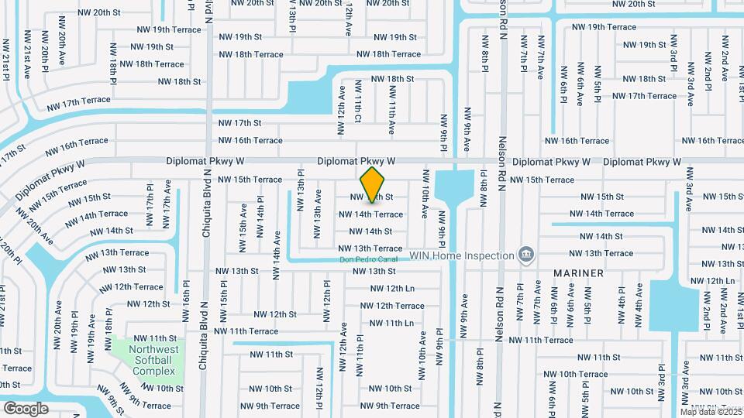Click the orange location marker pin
tap(373, 184)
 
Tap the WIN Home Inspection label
tap(462, 255)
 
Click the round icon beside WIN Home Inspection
tap(526, 254)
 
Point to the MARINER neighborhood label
tap(578, 273)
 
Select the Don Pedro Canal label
tap(368, 259)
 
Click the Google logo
tap(26, 408)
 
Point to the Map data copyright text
tap(711, 411)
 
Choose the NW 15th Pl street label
tap(225, 296)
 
